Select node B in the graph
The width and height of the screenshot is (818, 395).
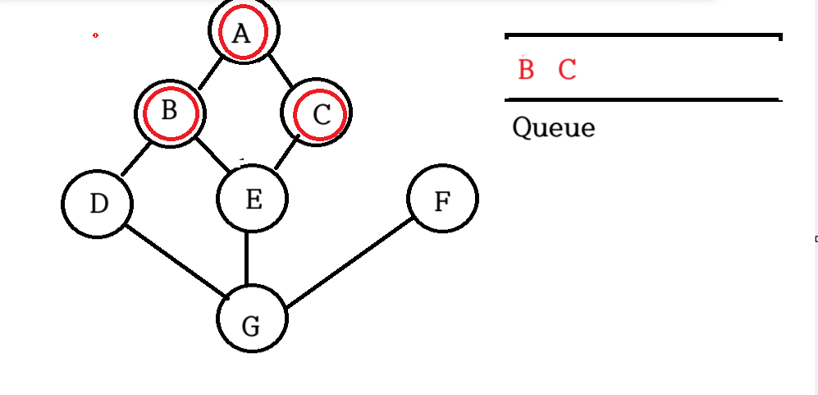coord(170,113)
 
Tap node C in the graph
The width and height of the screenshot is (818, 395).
coord(318,113)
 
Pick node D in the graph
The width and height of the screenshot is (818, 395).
coord(98,203)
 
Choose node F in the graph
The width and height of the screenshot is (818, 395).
coord(442,200)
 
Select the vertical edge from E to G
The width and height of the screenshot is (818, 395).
coord(247,260)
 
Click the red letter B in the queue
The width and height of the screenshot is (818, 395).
coord(526,70)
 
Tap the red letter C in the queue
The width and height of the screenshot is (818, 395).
coord(567,70)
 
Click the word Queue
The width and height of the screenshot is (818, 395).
coord(553,128)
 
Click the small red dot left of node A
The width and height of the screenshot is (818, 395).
coord(96,35)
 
